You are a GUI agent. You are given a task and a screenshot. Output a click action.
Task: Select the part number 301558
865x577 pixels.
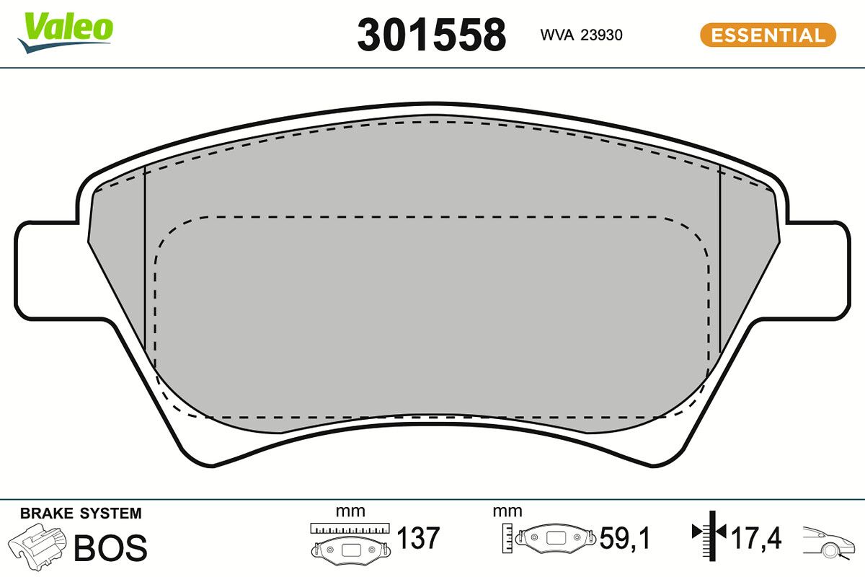432,35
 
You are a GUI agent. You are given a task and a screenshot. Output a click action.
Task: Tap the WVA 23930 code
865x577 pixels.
581,35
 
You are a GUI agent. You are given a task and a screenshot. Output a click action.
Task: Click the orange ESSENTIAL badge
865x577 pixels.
768,35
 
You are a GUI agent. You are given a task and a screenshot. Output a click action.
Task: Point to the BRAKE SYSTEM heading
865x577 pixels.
81,514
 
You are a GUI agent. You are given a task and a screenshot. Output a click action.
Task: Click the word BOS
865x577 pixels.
110,548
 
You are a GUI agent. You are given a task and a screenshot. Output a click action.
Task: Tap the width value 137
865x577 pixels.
418,538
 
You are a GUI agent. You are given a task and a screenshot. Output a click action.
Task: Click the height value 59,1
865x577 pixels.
625,538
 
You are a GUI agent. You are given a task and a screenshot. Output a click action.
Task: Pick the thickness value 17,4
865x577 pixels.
756,538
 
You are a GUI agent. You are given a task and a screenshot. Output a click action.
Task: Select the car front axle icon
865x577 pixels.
829,541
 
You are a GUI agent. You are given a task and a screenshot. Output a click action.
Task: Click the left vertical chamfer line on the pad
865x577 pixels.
146,260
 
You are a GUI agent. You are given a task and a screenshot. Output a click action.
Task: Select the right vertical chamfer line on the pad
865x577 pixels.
719,260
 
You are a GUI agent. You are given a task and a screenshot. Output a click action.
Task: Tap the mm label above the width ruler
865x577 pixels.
350,511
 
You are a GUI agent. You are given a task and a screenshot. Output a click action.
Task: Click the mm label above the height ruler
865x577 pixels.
507,511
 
